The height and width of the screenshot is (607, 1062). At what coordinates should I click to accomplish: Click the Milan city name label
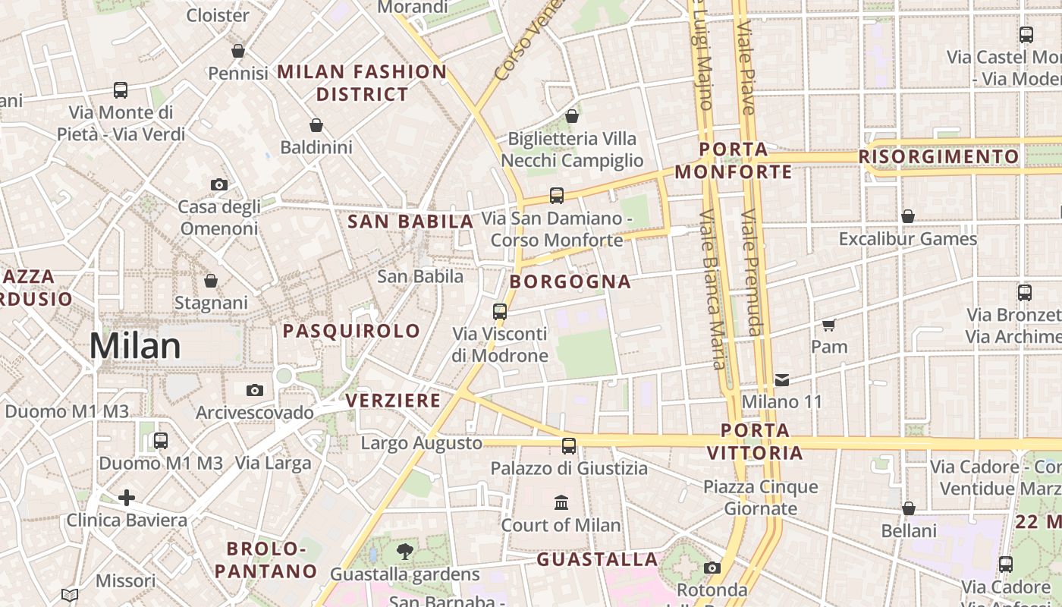pyautogui.click(x=135, y=346)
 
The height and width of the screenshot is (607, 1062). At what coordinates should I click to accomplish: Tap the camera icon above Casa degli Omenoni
pyautogui.click(x=218, y=184)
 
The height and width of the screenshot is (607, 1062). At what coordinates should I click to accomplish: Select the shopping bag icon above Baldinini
pyautogui.click(x=316, y=125)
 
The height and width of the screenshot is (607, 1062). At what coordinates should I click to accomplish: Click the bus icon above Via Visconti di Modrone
pyautogui.click(x=499, y=311)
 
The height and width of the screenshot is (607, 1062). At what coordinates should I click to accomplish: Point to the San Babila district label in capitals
pyautogui.click(x=410, y=222)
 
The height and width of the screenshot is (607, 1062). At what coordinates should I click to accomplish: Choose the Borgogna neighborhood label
pyautogui.click(x=570, y=281)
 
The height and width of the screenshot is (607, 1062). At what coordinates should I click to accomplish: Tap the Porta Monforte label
pyautogui.click(x=734, y=161)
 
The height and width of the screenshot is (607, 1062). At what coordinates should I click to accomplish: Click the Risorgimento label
pyautogui.click(x=939, y=156)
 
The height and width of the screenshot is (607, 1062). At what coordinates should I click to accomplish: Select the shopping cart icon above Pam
pyautogui.click(x=828, y=325)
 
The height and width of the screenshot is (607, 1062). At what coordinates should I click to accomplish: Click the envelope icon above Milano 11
pyautogui.click(x=781, y=379)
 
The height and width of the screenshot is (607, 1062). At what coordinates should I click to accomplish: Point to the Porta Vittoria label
pyautogui.click(x=755, y=442)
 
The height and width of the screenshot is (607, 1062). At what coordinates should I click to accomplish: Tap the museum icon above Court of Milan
pyautogui.click(x=561, y=502)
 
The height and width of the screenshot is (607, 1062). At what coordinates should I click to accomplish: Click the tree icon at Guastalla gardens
pyautogui.click(x=405, y=552)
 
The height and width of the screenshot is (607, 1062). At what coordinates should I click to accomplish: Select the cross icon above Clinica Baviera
pyautogui.click(x=127, y=498)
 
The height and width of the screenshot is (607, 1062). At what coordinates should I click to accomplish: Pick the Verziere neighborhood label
pyautogui.click(x=393, y=401)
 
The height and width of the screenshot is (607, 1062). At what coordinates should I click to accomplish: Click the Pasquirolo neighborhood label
pyautogui.click(x=351, y=331)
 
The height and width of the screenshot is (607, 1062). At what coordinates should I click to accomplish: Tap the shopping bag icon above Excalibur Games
pyautogui.click(x=907, y=217)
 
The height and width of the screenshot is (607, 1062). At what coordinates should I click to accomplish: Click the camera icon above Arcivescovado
pyautogui.click(x=255, y=390)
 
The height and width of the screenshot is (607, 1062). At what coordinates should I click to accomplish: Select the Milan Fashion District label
pyautogui.click(x=362, y=83)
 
